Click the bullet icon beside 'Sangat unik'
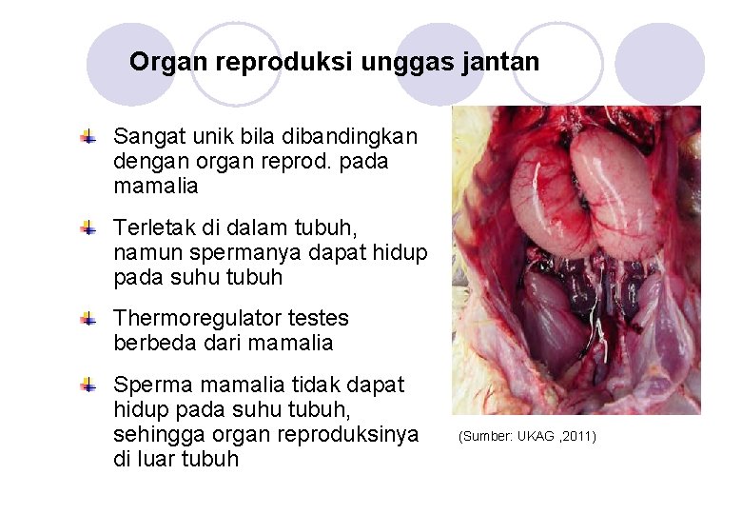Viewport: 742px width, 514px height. (88, 138)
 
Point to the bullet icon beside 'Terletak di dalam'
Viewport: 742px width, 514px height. (88, 228)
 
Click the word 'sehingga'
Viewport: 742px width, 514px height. (157, 434)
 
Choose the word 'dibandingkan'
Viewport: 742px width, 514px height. (346, 136)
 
